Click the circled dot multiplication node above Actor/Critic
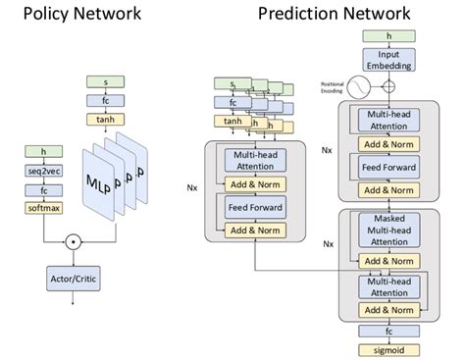point(71,238)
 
